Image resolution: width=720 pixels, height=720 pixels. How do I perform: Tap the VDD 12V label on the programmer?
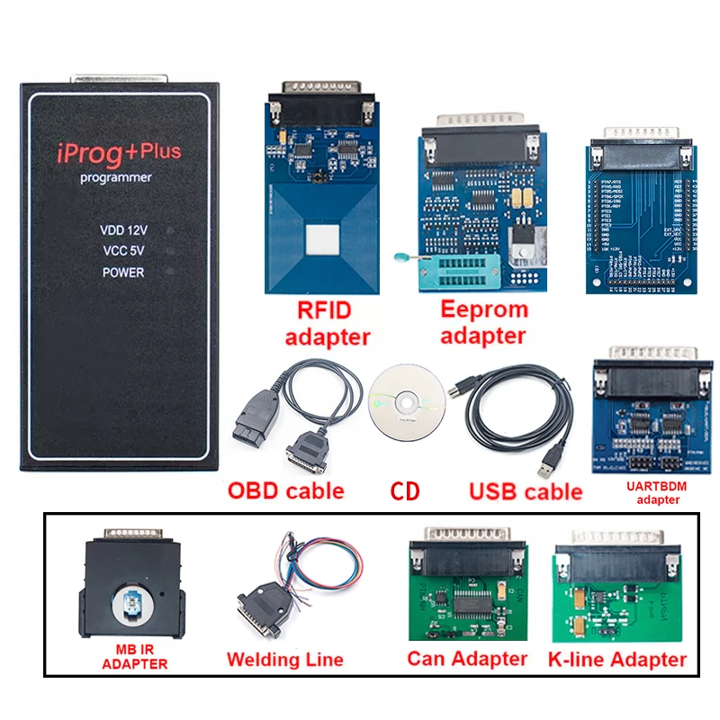click(x=123, y=230)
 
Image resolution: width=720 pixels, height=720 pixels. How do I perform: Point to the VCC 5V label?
click(x=123, y=251)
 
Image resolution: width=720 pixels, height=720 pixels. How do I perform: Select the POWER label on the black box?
click(x=123, y=272)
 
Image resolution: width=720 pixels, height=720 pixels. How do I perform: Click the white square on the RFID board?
click(x=321, y=241)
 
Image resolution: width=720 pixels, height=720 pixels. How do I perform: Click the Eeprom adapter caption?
click(x=483, y=322)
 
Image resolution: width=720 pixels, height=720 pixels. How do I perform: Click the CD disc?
click(x=407, y=401)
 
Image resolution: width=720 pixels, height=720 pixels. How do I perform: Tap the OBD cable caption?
click(x=285, y=490)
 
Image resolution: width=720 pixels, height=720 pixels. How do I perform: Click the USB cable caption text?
click(x=526, y=491)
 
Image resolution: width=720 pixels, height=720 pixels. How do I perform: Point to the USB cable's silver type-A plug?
click(x=548, y=469)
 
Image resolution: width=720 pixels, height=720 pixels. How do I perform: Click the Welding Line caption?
click(x=285, y=660)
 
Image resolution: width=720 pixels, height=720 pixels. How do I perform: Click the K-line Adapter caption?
click(x=616, y=660)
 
